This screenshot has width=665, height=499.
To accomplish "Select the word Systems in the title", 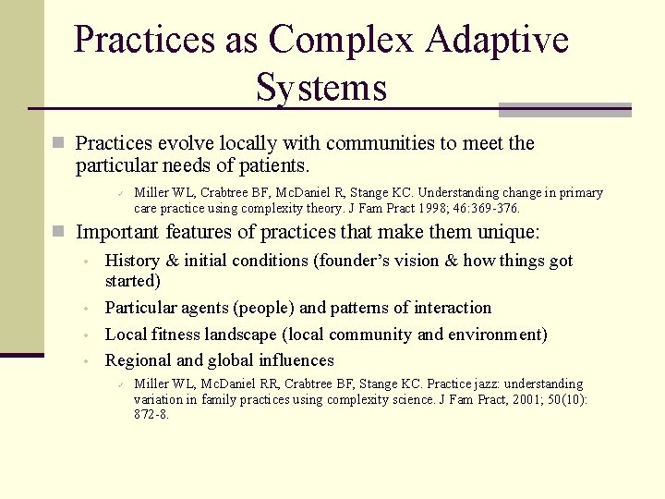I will (321, 89).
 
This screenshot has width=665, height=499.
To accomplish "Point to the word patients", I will (276, 166).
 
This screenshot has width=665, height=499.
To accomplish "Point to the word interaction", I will (447, 308).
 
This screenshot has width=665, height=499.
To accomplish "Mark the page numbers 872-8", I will (151, 415).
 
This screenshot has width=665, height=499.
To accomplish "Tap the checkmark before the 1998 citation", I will (120, 193).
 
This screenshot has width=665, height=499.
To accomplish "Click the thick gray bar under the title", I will (564, 110).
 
